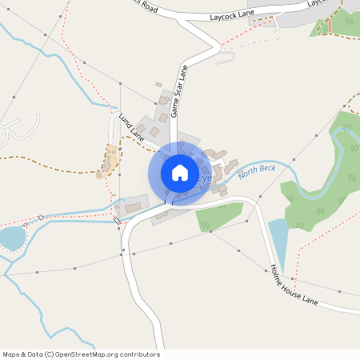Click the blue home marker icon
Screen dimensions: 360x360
(180, 173)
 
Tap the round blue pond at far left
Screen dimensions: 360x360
(12, 238)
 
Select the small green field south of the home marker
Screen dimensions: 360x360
(220, 216)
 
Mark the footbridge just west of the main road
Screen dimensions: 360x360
(117, 219)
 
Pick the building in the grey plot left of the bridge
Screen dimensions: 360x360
(133, 207)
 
